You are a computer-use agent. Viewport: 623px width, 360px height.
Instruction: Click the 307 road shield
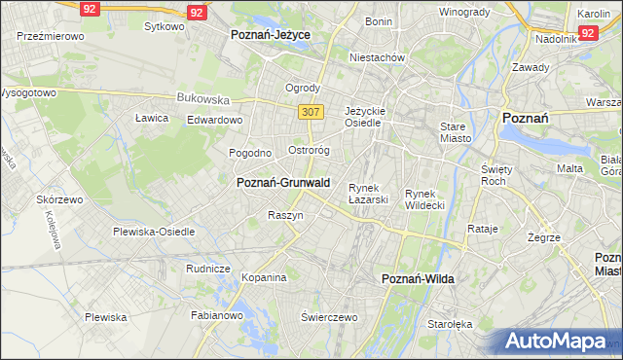pyautogui.click(x=311, y=112)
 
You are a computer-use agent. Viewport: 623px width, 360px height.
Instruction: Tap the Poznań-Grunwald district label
pyautogui.click(x=283, y=182)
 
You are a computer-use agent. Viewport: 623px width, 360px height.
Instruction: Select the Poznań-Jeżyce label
pyautogui.click(x=271, y=34)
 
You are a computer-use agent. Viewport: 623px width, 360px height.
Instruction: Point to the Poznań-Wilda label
pyautogui.click(x=418, y=278)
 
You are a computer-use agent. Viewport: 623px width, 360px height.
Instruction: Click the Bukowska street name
pyautogui.click(x=202, y=98)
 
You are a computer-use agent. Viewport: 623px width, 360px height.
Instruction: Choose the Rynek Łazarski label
pyautogui.click(x=369, y=194)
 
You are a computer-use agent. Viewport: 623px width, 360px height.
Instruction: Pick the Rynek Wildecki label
pyautogui.click(x=424, y=199)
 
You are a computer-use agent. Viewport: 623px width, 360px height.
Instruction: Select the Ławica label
pyautogui.click(x=152, y=118)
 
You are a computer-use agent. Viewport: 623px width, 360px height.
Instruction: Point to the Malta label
pyautogui.click(x=569, y=168)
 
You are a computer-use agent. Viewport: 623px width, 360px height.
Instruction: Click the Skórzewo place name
pyautogui.click(x=60, y=198)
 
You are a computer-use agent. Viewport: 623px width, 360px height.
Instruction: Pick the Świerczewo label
pyautogui.click(x=330, y=317)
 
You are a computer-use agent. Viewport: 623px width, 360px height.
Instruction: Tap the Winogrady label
pyautogui.click(x=463, y=12)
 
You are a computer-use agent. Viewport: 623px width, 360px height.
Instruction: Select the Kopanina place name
pyautogui.click(x=265, y=277)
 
